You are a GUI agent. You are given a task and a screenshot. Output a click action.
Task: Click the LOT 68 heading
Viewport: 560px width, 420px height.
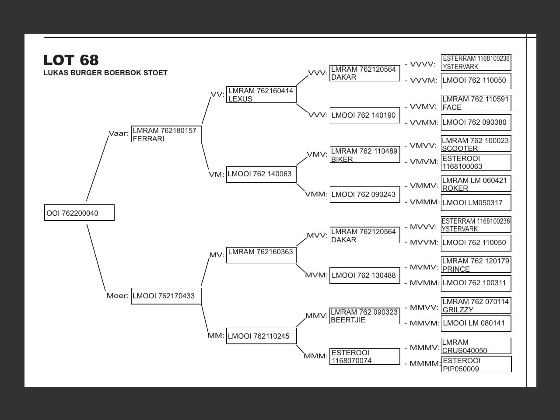click(x=71, y=60)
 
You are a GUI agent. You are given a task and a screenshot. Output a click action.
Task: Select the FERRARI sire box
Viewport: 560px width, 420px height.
click(x=166, y=134)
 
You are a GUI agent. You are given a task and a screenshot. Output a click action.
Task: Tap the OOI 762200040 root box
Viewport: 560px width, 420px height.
click(x=79, y=213)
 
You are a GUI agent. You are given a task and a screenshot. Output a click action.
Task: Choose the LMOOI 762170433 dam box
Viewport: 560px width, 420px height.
click(x=166, y=296)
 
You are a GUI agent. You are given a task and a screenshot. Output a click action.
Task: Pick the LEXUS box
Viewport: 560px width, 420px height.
click(x=261, y=95)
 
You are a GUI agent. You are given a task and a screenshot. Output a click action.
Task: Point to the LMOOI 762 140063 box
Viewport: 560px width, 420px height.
click(x=261, y=174)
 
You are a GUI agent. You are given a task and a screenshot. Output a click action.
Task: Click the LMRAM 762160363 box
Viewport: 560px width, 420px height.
click(x=261, y=255)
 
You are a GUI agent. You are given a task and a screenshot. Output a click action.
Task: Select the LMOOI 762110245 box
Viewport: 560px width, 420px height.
click(x=261, y=336)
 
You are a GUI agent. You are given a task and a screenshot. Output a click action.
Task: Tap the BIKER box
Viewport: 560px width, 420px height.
click(x=364, y=155)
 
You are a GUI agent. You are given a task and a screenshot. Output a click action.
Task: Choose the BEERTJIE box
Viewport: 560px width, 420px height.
click(x=364, y=316)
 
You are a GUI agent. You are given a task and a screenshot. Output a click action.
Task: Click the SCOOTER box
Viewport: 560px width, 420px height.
click(x=476, y=144)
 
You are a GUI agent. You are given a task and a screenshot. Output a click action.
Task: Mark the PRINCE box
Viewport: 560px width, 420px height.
click(x=476, y=265)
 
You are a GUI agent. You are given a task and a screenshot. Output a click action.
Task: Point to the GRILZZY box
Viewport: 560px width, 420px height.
click(x=476, y=305)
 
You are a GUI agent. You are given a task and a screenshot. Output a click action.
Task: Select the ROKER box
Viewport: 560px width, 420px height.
click(x=476, y=184)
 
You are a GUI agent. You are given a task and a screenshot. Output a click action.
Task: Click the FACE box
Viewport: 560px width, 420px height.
click(x=476, y=103)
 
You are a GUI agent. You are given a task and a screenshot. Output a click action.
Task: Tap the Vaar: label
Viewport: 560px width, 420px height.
click(x=119, y=133)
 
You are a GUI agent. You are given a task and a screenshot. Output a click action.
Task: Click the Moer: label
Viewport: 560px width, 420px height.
click(x=117, y=296)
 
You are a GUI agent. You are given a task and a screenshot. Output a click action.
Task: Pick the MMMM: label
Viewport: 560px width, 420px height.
click(x=425, y=364)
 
